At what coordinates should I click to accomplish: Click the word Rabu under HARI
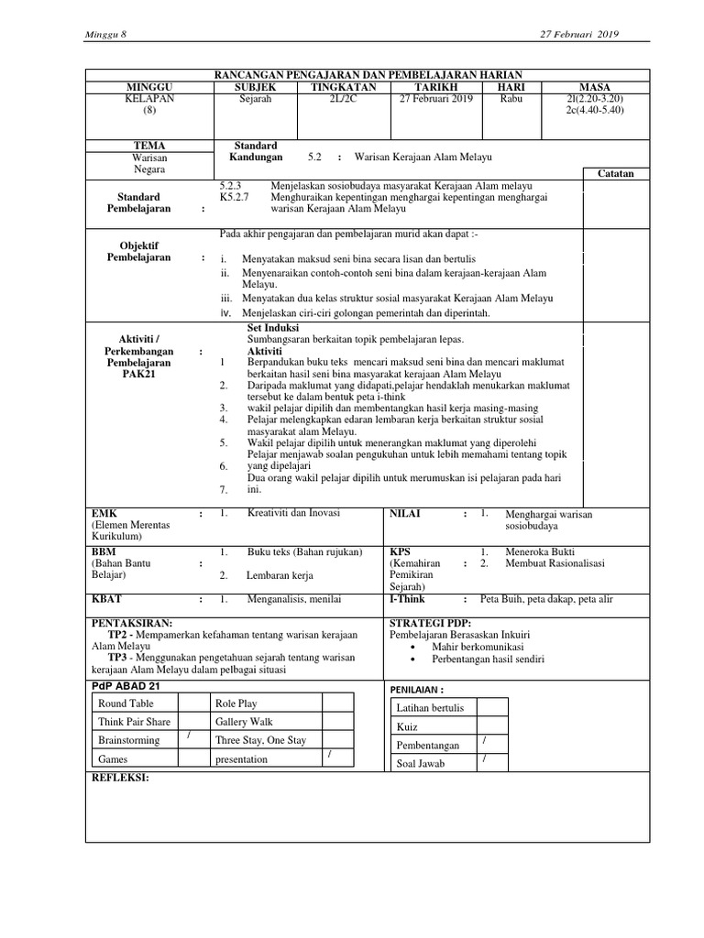coord(511,99)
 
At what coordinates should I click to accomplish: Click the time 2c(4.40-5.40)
coord(595,110)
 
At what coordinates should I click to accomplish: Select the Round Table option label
coord(126,703)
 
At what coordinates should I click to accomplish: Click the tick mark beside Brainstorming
coord(188,736)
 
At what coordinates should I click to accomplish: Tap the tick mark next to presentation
coord(328,755)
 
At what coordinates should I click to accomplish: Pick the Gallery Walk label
coord(244,722)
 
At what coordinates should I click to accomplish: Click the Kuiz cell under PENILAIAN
coord(408,726)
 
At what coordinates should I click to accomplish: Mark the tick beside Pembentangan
coord(484,740)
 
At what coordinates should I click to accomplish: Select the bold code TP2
coord(117,635)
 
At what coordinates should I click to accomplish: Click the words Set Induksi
coord(274,327)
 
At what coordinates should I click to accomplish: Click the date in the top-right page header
coord(581,35)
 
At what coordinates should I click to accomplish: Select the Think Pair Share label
coord(135,722)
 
